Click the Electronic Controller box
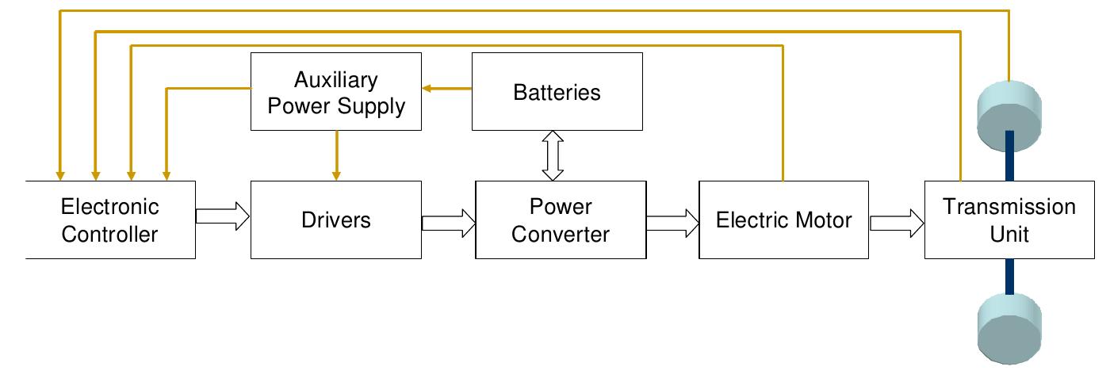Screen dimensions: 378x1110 [110, 220]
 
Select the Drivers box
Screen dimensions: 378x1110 [335, 220]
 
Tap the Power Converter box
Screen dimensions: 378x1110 [560, 220]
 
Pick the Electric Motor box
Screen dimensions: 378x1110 [783, 220]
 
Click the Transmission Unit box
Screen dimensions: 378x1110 [1009, 220]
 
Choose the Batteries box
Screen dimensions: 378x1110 [557, 92]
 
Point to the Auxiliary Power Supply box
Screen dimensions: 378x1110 [335, 92]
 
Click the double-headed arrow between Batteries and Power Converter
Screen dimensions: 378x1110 [553, 156]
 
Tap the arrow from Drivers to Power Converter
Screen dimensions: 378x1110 [448, 223]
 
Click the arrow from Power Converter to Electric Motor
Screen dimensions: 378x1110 [672, 223]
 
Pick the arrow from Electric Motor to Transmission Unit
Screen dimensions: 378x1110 [897, 223]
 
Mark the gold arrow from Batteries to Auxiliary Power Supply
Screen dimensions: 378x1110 [446, 89]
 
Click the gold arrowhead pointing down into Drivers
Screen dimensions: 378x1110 [337, 172]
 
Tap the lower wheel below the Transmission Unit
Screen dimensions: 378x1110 [1009, 326]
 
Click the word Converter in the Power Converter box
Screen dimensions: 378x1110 [560, 234]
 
